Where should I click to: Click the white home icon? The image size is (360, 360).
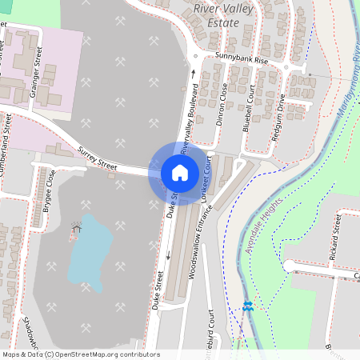tap(180, 172)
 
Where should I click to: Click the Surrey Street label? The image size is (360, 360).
tap(98, 158)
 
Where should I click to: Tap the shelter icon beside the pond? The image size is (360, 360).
tap(76, 230)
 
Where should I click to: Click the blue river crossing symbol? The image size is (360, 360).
tap(248, 306)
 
